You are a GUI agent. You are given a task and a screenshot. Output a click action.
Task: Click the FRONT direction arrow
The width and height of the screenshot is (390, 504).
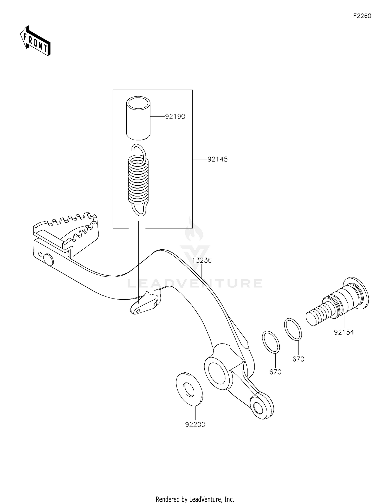pos(35,41)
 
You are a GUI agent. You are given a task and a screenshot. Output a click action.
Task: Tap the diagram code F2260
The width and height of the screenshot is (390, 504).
pos(362,16)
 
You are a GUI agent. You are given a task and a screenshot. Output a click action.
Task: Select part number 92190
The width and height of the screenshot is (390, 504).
pos(175,117)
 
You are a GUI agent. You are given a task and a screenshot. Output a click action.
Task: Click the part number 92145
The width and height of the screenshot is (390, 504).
pos(217,159)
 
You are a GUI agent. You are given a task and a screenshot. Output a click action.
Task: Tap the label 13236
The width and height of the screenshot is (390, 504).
pos(202,260)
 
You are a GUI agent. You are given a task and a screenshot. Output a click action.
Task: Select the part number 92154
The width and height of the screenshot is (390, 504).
pos(344,332)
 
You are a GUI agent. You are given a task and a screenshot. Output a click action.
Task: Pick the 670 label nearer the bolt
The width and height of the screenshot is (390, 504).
pos(298,359)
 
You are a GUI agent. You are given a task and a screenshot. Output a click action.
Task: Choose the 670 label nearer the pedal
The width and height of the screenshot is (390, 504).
pos(275,372)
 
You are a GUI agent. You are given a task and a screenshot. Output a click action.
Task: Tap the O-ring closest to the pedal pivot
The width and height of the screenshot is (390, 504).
pos(271,342)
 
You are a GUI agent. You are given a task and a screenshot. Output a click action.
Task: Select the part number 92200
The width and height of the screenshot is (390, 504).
pos(195,425)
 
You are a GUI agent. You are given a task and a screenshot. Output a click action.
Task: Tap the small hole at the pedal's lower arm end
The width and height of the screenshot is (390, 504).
pos(258,408)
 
